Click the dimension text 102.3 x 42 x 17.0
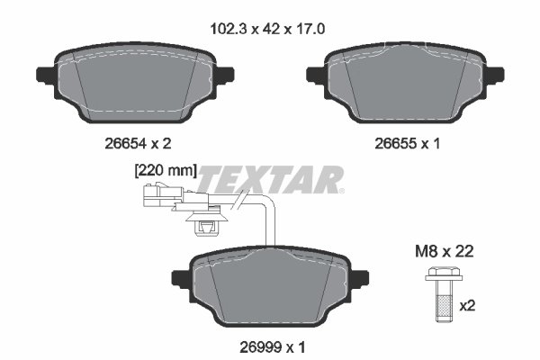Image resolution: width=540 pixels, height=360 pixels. pyautogui.click(x=267, y=30)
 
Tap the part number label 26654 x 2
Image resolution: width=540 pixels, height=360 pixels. pyautogui.click(x=138, y=143)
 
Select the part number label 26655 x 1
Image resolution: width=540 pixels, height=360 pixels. pyautogui.click(x=408, y=143)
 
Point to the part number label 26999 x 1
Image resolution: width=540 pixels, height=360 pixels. pyautogui.click(x=273, y=347)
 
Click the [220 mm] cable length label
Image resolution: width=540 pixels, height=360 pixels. pyautogui.click(x=166, y=171)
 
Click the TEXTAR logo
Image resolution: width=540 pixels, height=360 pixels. pyautogui.click(x=270, y=179)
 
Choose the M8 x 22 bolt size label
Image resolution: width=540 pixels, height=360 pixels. pyautogui.click(x=445, y=251)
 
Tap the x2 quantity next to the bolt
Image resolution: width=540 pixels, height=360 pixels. pyautogui.click(x=467, y=306)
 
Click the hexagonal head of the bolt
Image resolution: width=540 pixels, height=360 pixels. pyautogui.click(x=444, y=274)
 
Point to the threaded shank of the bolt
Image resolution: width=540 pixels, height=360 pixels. pyautogui.click(x=444, y=301)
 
